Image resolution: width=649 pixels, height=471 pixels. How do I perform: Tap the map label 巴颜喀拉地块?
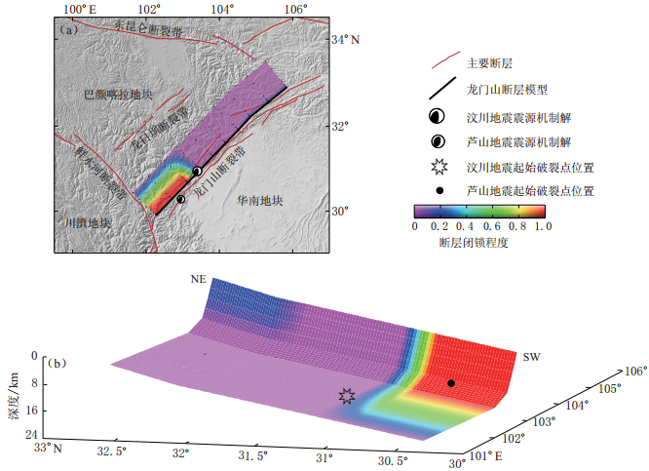(118, 95)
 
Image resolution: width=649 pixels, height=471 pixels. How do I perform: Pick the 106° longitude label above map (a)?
(295, 9)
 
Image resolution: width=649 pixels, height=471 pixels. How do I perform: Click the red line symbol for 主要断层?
(443, 63)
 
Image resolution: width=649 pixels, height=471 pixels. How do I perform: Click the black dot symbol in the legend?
(439, 191)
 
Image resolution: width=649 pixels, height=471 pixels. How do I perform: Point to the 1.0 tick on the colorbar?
(544, 226)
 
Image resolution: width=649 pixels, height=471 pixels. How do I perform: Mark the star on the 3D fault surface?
(346, 395)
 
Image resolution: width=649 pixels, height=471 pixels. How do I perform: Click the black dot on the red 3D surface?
(450, 383)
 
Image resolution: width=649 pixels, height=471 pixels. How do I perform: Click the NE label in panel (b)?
(198, 279)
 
